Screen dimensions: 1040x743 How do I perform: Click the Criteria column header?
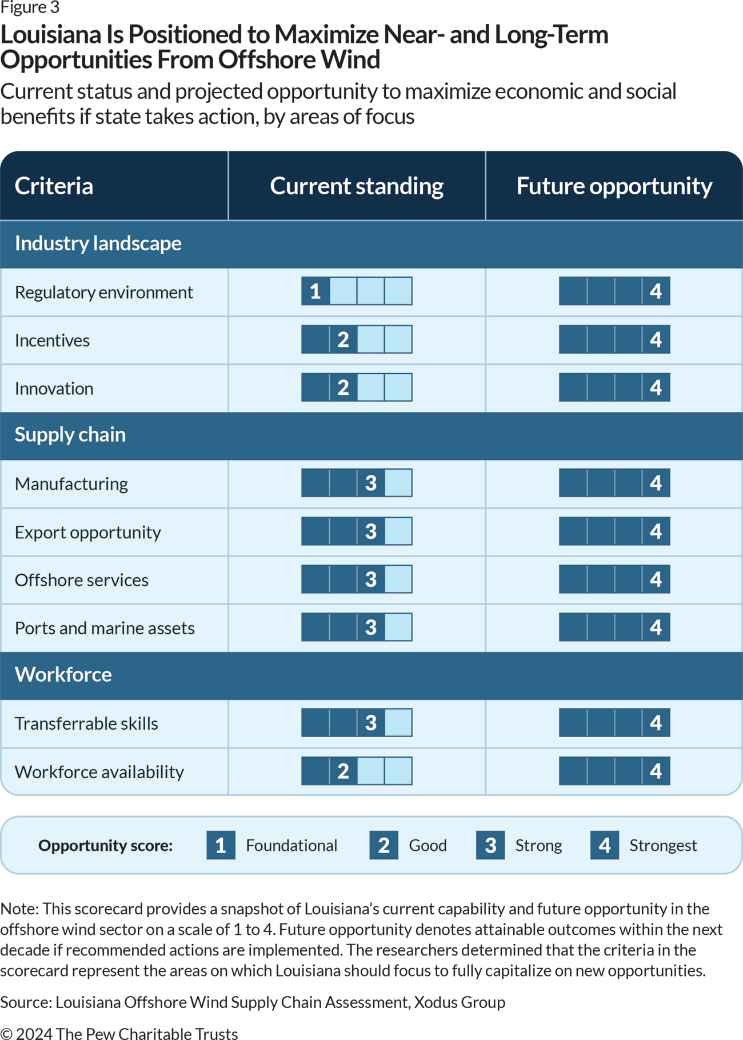click(54, 186)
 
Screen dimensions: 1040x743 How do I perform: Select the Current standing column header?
click(357, 186)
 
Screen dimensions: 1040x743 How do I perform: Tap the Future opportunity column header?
click(614, 186)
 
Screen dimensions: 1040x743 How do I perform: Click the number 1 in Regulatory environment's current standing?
click(315, 291)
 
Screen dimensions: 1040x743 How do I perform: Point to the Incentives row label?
click(53, 341)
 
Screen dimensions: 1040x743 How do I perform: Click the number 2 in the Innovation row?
click(343, 388)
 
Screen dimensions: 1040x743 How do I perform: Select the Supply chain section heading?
click(70, 435)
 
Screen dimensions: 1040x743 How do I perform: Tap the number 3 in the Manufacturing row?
click(371, 483)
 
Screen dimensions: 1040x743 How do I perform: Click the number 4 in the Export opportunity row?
click(656, 531)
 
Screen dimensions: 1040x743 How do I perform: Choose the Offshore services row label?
click(82, 580)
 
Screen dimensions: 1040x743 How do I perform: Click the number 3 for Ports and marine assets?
click(371, 627)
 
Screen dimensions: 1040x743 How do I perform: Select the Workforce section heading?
click(63, 675)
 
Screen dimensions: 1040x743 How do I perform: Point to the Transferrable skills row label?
click(86, 723)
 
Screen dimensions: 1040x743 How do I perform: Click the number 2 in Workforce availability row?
click(343, 771)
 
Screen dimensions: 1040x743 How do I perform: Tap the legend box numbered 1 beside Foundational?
click(221, 845)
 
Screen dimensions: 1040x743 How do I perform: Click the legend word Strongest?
click(662, 845)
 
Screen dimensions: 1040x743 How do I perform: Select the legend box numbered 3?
click(490, 845)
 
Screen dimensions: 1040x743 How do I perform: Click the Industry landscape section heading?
click(98, 243)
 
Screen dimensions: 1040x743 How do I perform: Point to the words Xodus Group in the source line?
click(460, 1002)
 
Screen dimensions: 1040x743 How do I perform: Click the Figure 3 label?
click(30, 8)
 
